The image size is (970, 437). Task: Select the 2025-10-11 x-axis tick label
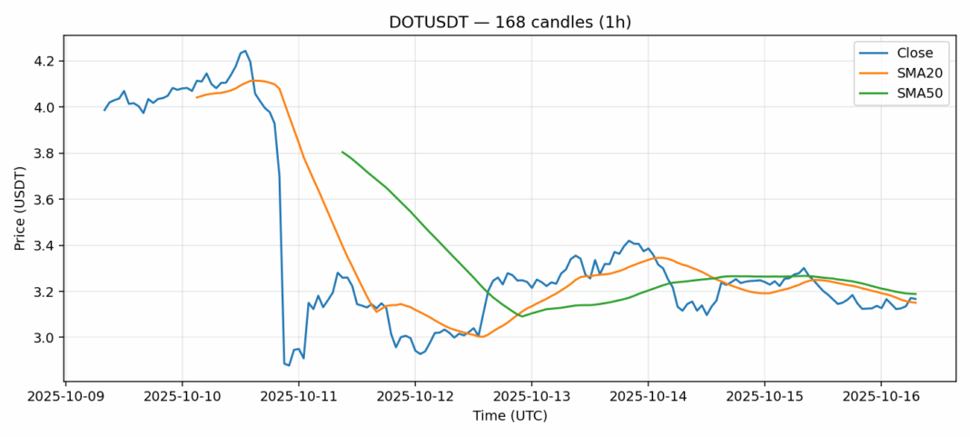pyautogui.click(x=298, y=397)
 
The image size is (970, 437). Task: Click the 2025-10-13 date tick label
pyautogui.click(x=531, y=397)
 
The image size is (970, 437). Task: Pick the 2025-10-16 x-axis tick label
pyautogui.click(x=880, y=397)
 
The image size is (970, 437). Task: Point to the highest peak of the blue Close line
pyautogui.click(x=245, y=51)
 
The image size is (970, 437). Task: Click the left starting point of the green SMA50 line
pyautogui.click(x=342, y=152)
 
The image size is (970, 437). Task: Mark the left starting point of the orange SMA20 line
pyautogui.click(x=196, y=97)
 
